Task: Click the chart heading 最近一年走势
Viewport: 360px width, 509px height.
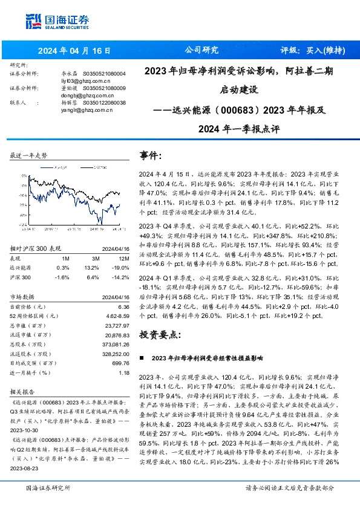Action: click(x=28, y=155)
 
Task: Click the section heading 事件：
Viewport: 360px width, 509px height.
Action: click(x=151, y=155)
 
